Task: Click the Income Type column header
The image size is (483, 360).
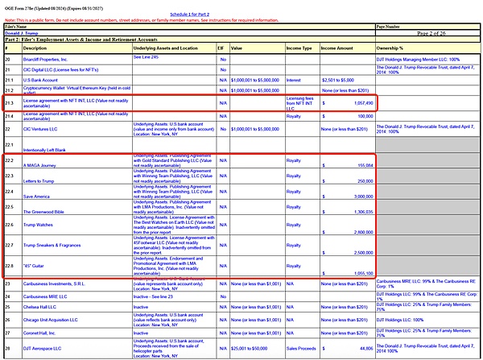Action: [300, 48]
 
